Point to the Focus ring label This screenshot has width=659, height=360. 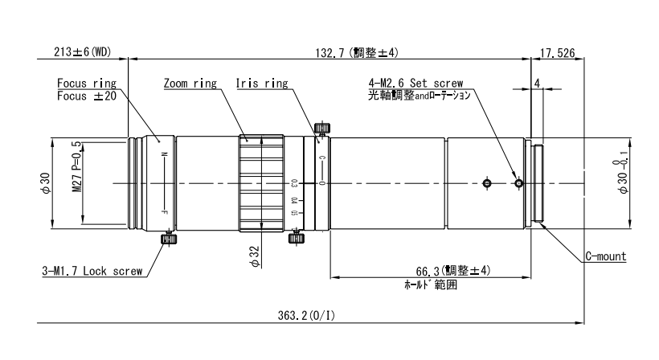click(87, 83)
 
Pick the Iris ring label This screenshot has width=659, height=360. click(262, 83)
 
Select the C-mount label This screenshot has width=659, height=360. click(604, 257)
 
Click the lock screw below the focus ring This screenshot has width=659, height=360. click(169, 238)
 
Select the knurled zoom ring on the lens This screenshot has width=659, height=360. click(259, 183)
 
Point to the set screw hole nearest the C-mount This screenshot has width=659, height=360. click(518, 184)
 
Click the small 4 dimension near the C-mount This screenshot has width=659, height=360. click(536, 83)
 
